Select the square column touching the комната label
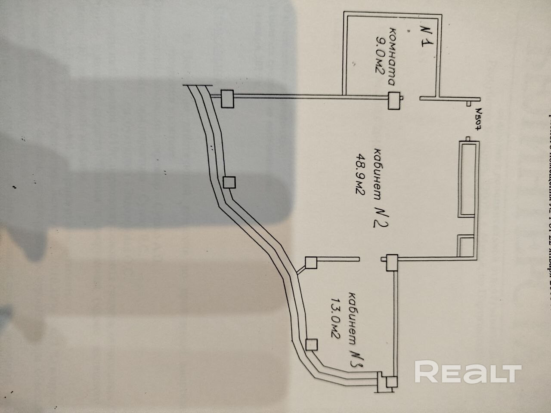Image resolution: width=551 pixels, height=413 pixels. (393, 101)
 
